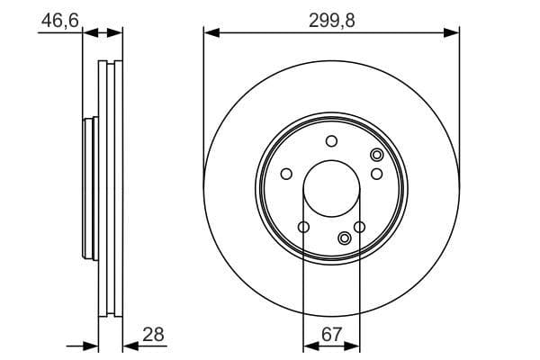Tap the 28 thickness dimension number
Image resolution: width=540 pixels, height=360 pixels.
point(154,334)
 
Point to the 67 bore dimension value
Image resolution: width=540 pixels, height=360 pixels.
point(332,334)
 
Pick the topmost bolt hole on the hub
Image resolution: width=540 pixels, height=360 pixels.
point(331,140)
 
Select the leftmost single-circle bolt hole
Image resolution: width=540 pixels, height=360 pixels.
point(286,174)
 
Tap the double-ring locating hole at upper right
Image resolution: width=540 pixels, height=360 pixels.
point(377,156)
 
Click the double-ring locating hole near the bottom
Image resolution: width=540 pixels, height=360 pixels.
point(345,238)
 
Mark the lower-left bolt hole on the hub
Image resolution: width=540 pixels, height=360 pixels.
point(303,226)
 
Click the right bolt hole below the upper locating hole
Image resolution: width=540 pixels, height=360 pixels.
point(377,174)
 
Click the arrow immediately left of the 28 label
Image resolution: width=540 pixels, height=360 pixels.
point(131,344)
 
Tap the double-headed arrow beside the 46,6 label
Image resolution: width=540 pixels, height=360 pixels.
point(103,32)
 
